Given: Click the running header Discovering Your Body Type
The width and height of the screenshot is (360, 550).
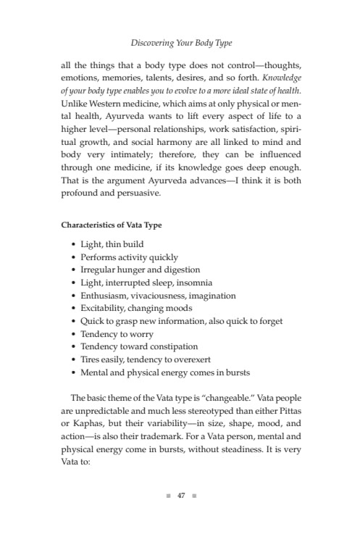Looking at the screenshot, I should tap(180, 43).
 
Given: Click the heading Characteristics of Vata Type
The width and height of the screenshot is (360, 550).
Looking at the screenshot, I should tap(111, 225).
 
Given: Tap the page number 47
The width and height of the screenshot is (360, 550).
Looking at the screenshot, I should tap(180, 496).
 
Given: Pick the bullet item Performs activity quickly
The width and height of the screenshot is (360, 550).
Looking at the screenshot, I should tap(129, 257).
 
